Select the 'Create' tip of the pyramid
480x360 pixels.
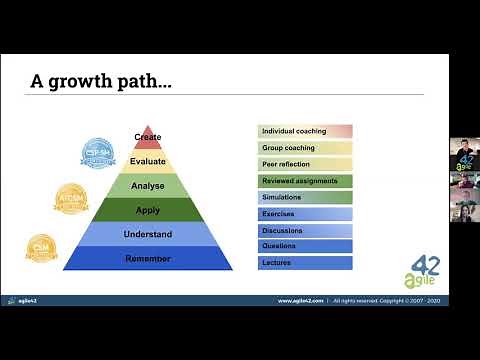click(x=147, y=138)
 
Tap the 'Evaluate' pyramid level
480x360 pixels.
click(x=147, y=160)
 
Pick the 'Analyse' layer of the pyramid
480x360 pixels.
click(x=147, y=185)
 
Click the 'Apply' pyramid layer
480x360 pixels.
click(x=147, y=210)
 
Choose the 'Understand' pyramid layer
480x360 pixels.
click(x=147, y=234)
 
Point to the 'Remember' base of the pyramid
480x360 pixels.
click(x=147, y=259)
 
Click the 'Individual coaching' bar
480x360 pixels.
click(x=305, y=131)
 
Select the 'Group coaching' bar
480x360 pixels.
click(x=305, y=148)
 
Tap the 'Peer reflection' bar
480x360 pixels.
click(x=305, y=164)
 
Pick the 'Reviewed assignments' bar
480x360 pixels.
click(x=305, y=181)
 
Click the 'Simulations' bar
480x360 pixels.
click(x=305, y=197)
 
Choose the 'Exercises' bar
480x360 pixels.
click(x=305, y=213)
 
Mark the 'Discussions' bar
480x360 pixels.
click(x=305, y=230)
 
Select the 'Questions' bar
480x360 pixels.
click(x=305, y=246)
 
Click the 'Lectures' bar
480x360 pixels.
click(x=305, y=262)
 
